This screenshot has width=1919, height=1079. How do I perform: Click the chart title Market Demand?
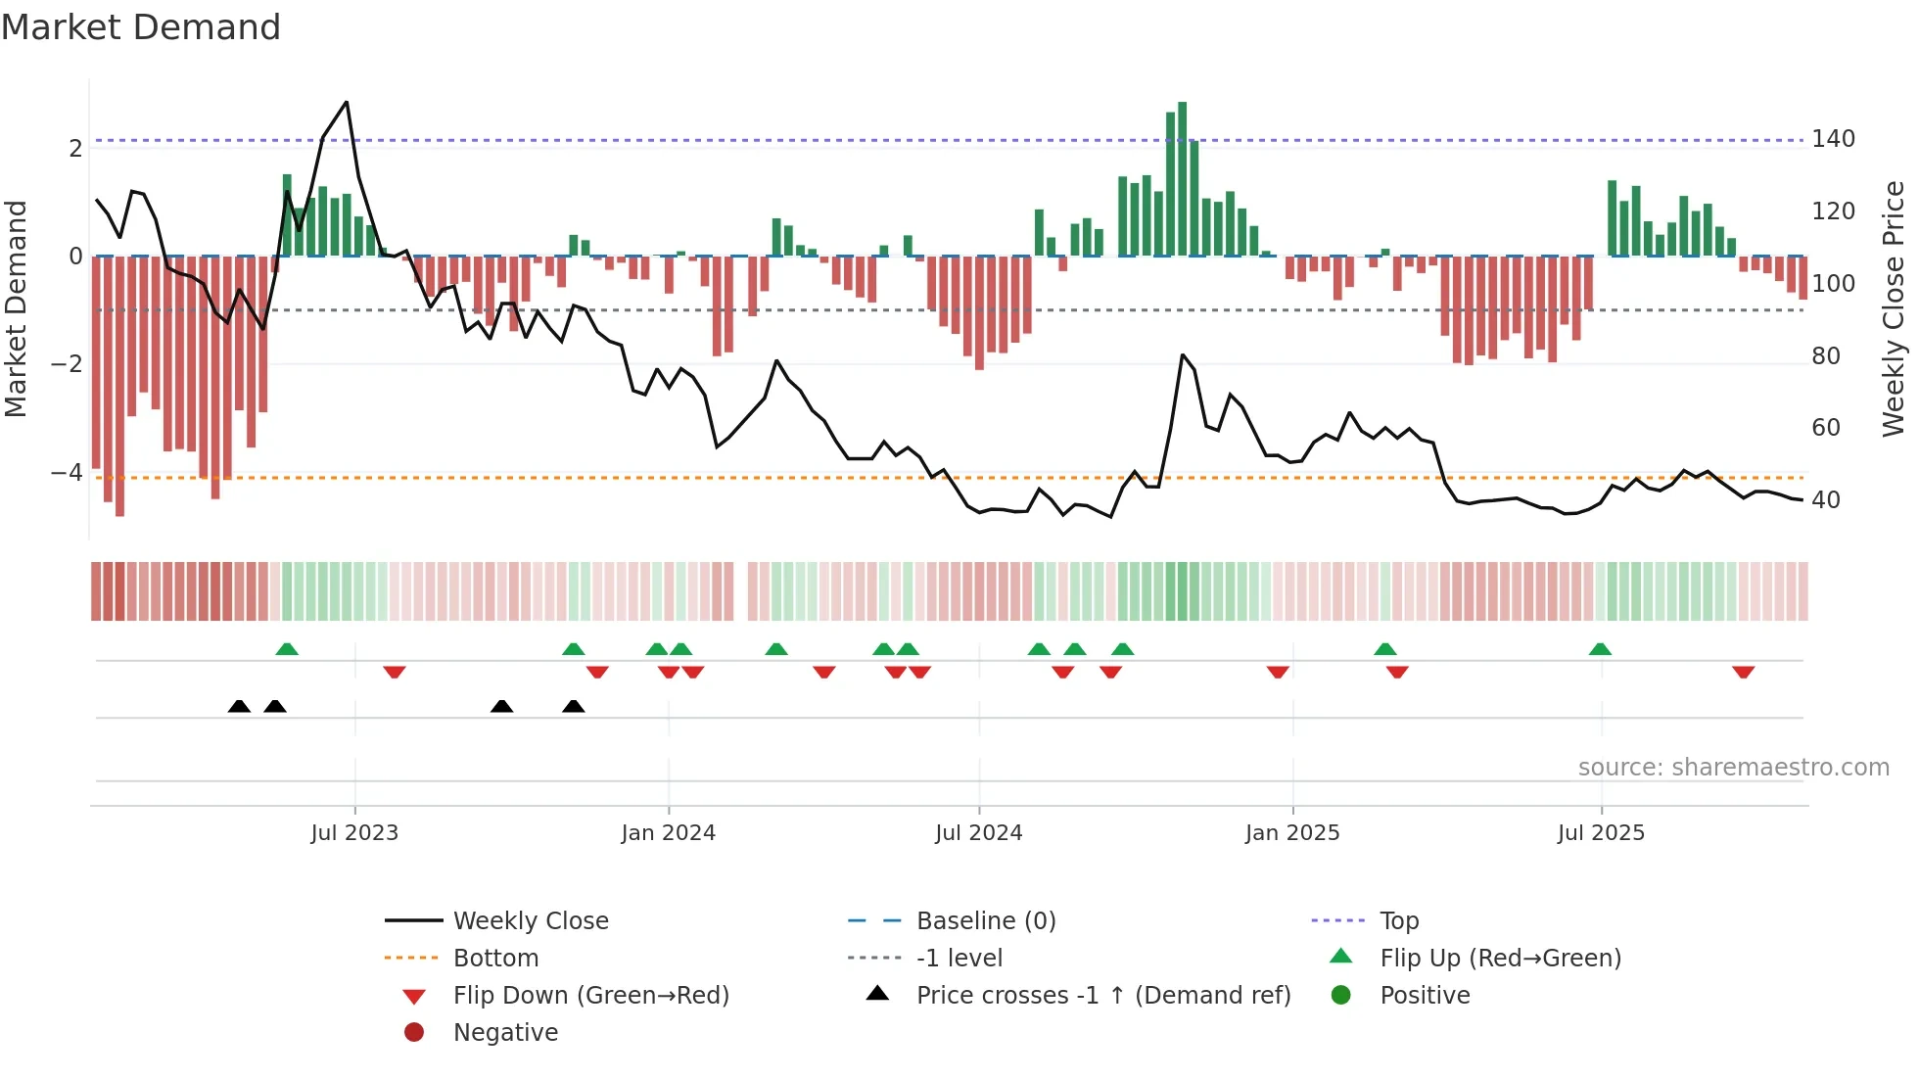click(x=141, y=27)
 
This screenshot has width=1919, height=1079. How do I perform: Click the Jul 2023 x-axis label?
click(x=354, y=833)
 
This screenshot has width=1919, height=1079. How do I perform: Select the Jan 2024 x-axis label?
click(x=668, y=833)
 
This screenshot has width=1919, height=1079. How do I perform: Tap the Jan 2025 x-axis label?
click(x=1291, y=833)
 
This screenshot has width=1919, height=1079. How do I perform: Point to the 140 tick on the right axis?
click(x=1833, y=139)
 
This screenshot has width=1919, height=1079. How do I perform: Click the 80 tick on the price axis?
click(x=1825, y=356)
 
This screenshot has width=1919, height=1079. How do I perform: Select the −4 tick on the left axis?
click(x=67, y=473)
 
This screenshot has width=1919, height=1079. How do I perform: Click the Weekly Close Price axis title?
click(x=1894, y=308)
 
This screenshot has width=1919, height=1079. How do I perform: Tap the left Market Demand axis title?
click(x=16, y=308)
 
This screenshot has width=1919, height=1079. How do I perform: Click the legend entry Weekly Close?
click(x=530, y=921)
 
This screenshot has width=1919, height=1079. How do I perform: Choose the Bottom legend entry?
click(x=495, y=959)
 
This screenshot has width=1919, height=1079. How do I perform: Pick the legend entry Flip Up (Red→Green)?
click(x=1500, y=959)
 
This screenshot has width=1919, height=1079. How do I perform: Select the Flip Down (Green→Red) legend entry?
click(x=590, y=996)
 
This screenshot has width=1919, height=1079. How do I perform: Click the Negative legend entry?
click(x=505, y=1033)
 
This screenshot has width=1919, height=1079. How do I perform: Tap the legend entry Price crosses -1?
click(x=1102, y=996)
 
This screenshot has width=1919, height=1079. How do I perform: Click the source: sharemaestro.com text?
click(x=1733, y=768)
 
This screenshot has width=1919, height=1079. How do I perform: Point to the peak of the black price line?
click(x=347, y=103)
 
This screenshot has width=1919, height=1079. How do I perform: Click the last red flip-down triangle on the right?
click(x=1743, y=672)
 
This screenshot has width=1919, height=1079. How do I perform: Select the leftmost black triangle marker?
click(x=239, y=706)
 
